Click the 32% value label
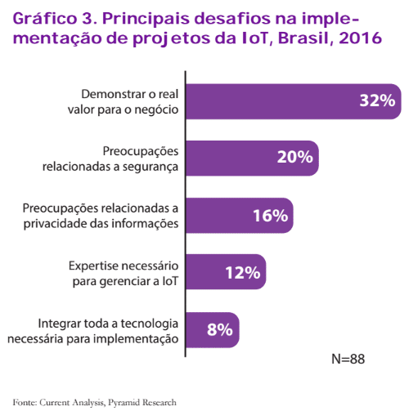(377, 101)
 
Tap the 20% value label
(295, 157)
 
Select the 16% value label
(271, 216)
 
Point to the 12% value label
(243, 272)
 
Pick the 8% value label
(220, 329)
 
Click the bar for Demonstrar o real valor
(294, 101)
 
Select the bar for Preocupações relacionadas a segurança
(252, 159)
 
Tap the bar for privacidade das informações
(240, 216)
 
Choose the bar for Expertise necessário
(226, 272)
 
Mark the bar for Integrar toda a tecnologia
(213, 330)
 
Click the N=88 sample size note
(348, 359)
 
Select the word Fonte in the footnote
(25, 402)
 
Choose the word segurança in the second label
(151, 167)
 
